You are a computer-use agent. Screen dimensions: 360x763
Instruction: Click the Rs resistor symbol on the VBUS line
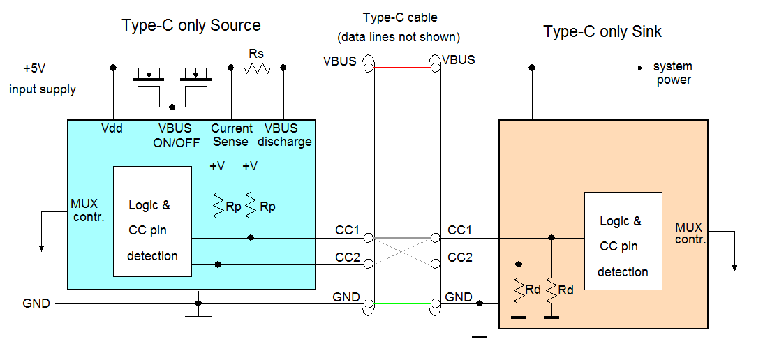click(257, 68)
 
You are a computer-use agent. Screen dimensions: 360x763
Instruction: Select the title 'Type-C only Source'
click(191, 26)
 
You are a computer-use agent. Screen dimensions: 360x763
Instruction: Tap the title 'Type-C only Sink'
click(602, 31)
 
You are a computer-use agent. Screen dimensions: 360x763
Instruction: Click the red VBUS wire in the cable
click(401, 68)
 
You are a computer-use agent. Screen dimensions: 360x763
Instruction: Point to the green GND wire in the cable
click(401, 303)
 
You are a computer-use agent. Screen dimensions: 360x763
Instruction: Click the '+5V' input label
click(34, 68)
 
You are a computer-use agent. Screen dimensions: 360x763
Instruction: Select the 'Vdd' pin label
click(112, 128)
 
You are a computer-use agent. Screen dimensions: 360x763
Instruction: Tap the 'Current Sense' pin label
click(231, 135)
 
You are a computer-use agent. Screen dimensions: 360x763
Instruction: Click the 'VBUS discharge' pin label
click(283, 135)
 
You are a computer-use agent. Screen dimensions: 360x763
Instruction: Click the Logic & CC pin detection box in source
click(152, 221)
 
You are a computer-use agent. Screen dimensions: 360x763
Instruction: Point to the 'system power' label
click(673, 73)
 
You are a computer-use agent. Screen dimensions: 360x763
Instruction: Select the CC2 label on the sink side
click(459, 257)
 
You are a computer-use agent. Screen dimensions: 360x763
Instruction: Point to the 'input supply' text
click(43, 89)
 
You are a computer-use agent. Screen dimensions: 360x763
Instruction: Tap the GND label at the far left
click(36, 303)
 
